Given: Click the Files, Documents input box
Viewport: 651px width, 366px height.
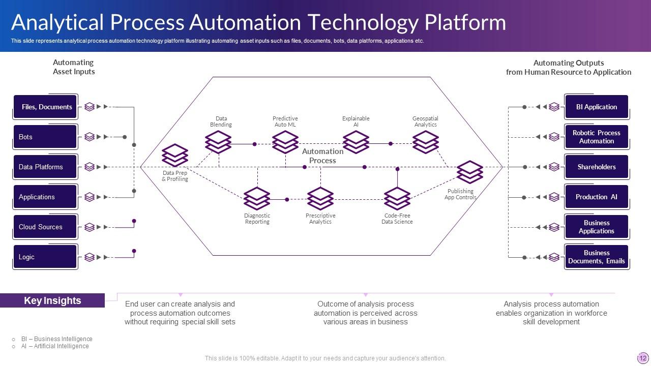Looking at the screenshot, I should click(x=45, y=107).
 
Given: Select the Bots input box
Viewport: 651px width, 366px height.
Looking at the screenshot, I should click(x=45, y=137).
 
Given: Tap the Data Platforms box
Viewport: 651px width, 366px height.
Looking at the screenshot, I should click(x=45, y=167).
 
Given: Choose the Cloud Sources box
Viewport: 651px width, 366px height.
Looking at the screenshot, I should click(x=45, y=227).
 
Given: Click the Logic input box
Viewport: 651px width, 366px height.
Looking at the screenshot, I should click(x=45, y=257).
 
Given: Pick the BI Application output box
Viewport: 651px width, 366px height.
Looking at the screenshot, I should click(x=596, y=107).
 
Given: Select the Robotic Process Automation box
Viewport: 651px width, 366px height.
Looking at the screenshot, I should click(x=596, y=137).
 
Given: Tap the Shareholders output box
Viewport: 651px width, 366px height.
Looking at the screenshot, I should click(x=596, y=167).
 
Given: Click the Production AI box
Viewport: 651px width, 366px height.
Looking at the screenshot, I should click(x=596, y=197).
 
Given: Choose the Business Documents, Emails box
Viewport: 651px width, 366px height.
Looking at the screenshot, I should click(x=596, y=257).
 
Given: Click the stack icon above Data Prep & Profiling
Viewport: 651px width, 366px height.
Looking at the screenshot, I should click(x=175, y=156).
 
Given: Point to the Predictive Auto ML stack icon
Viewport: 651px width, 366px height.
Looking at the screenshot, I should click(x=285, y=142).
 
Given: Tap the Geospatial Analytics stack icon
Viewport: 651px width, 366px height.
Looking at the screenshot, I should click(x=425, y=142).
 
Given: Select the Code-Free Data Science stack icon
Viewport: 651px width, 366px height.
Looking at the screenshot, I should click(x=397, y=199).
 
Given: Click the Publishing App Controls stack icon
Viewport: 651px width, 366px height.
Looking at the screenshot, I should click(x=469, y=172).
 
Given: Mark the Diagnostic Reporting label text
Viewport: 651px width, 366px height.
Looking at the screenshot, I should click(x=257, y=219).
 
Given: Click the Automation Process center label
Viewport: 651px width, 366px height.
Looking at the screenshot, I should click(x=322, y=156).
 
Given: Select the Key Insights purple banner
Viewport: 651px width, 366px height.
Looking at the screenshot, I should click(x=52, y=300).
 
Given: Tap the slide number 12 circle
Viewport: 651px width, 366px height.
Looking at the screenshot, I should click(x=642, y=357).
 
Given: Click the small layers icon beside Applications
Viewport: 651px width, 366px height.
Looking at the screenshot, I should click(x=90, y=197).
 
